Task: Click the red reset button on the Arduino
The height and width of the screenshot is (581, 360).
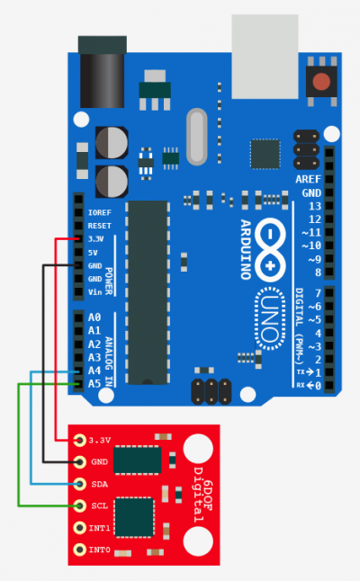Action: pos(321,82)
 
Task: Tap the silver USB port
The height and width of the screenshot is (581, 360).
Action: pos(265,57)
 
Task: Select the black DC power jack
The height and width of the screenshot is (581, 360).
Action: pos(103,72)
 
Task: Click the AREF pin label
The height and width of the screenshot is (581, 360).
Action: pos(308,179)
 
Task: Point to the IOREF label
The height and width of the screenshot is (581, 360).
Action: pos(99,212)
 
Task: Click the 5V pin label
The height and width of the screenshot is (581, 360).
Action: pos(93,253)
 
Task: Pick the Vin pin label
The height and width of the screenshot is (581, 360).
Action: pos(94,292)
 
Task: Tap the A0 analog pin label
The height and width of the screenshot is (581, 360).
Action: pos(94,317)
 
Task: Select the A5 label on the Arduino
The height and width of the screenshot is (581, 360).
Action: pos(94,383)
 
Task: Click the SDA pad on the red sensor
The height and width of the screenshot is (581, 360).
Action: pos(79,484)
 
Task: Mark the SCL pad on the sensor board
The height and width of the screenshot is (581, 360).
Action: pos(79,505)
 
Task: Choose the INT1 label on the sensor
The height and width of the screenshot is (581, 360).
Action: pos(99,528)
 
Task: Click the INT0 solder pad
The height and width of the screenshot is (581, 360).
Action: pos(79,550)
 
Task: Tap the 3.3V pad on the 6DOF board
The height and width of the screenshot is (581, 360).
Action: pos(79,440)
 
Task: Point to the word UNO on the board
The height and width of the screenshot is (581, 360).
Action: pos(270,318)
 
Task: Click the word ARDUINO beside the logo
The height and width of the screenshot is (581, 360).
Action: pos(246,249)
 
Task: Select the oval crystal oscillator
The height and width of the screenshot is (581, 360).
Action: pos(196,137)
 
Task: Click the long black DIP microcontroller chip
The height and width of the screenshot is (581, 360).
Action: pos(148,292)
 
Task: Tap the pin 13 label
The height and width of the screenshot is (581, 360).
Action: pos(315,206)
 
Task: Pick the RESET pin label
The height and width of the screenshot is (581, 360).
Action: pos(99,226)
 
